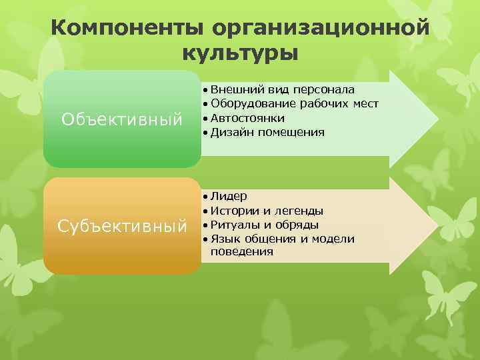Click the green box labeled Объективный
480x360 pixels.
tap(122, 119)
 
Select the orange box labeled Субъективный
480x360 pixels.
tap(122, 226)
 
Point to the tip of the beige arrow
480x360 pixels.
tap(435, 226)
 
